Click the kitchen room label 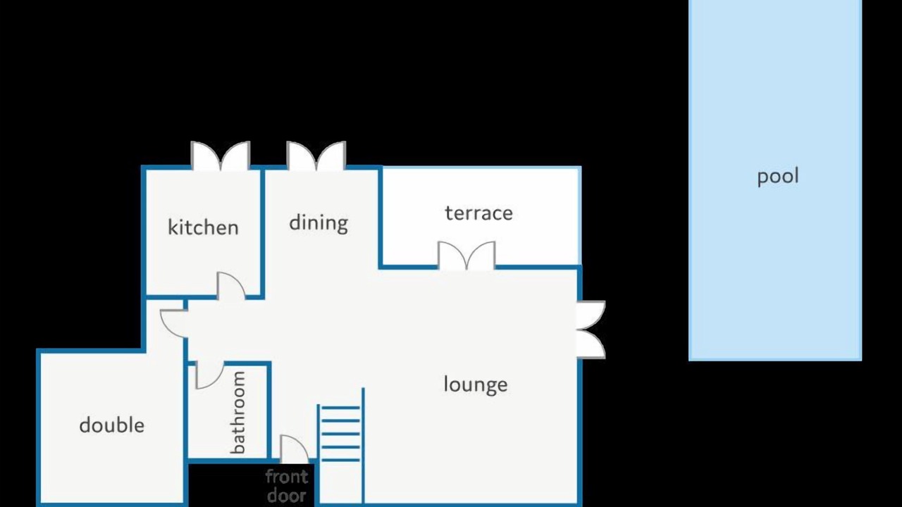tap(204, 227)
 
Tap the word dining tap(319, 223)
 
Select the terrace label tap(478, 213)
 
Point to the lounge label tap(476, 384)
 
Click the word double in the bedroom tap(112, 425)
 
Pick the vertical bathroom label tap(238, 413)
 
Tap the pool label tap(778, 177)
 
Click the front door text tap(287, 486)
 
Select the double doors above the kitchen tap(221, 156)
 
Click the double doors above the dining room tap(316, 156)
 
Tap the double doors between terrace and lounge tap(467, 256)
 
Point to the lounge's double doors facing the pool tap(591, 330)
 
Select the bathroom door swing tap(209, 375)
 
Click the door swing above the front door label tap(295, 449)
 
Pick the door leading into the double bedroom tap(174, 323)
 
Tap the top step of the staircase tap(340, 408)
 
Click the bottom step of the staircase tap(340, 460)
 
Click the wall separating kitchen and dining tap(263, 233)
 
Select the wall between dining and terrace tap(380, 218)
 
